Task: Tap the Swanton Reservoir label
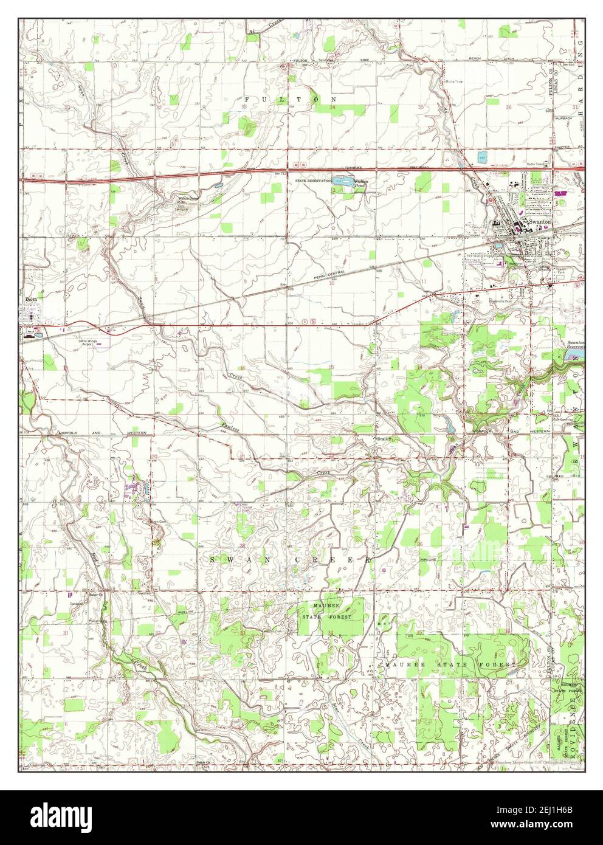(574, 345)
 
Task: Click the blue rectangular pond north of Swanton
(482, 156)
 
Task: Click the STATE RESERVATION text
(313, 181)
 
